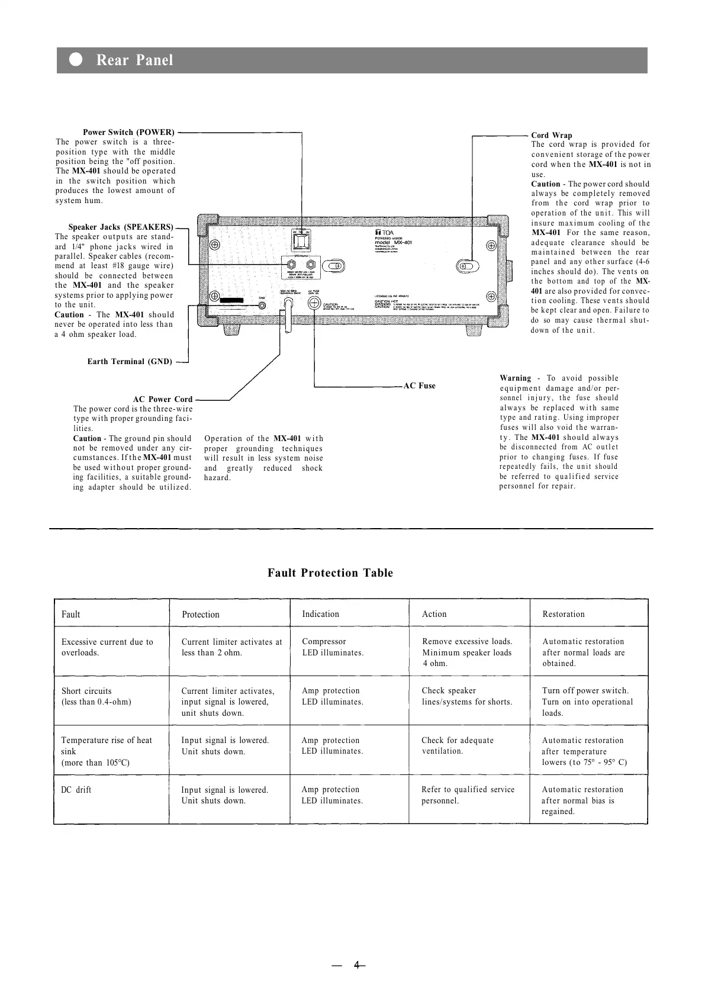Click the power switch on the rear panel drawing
click(x=302, y=242)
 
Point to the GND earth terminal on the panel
click(x=262, y=306)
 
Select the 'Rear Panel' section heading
click(x=134, y=60)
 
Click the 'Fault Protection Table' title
click(x=330, y=573)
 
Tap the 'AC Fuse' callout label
click(x=419, y=386)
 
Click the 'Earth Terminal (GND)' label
click(x=130, y=362)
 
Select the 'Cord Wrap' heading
click(x=551, y=135)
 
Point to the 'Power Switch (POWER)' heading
click(x=128, y=132)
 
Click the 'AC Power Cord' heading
click(x=163, y=399)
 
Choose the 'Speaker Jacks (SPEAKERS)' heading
click(x=121, y=227)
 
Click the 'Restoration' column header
click(x=563, y=614)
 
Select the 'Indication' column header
click(x=320, y=614)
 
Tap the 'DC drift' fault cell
click(x=76, y=790)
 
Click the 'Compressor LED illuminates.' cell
click(x=333, y=647)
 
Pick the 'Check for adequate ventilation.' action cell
click(x=457, y=746)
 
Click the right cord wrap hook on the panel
click(x=471, y=266)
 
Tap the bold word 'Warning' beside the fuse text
click(x=515, y=378)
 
